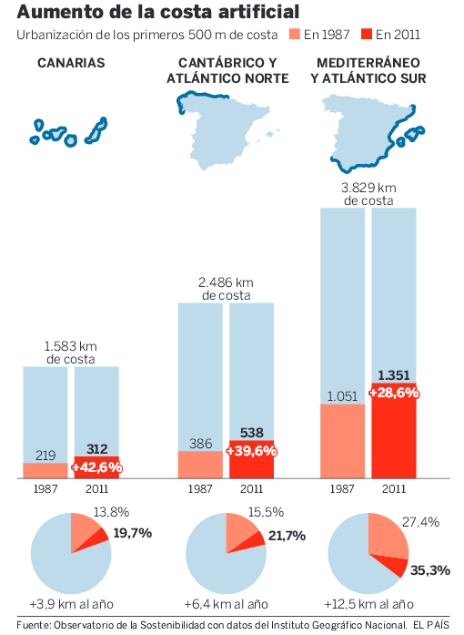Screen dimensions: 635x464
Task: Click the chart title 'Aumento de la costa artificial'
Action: click(157, 13)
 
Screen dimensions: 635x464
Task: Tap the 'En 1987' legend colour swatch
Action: click(294, 36)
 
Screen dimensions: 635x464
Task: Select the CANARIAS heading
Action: click(71, 63)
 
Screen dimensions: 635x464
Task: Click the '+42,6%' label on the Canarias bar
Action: click(96, 466)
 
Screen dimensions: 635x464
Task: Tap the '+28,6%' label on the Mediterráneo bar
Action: click(393, 392)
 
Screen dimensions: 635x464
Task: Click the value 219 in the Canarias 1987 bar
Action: click(45, 455)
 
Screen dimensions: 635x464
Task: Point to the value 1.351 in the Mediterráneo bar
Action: click(393, 375)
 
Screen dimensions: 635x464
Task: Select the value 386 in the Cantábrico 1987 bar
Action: click(200, 444)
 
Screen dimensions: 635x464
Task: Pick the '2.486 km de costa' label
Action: click(226, 289)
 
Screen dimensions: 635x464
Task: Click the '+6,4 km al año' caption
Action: click(226, 604)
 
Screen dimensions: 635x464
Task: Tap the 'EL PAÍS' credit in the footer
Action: click(431, 624)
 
